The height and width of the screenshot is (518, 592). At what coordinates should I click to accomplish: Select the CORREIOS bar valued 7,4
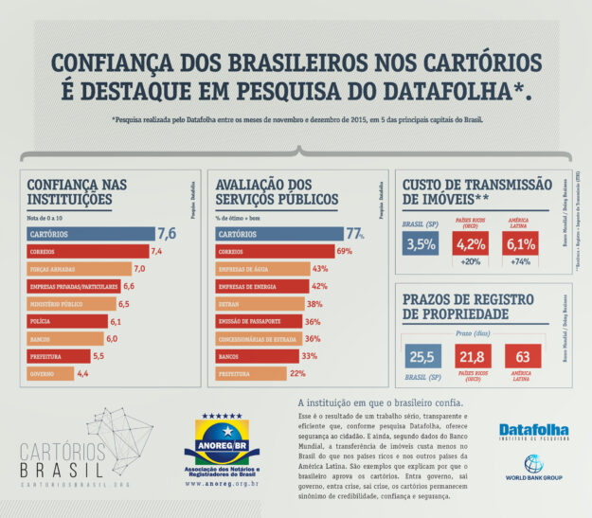[x=86, y=251]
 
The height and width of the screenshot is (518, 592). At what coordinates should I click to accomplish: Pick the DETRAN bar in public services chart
[x=257, y=304]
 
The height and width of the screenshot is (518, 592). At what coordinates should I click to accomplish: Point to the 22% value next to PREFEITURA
[x=297, y=374]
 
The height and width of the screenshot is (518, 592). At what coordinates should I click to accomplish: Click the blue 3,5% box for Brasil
[x=420, y=244]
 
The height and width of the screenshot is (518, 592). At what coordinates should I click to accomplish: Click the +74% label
[x=521, y=261]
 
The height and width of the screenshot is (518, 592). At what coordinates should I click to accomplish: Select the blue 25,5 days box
[x=420, y=357]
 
